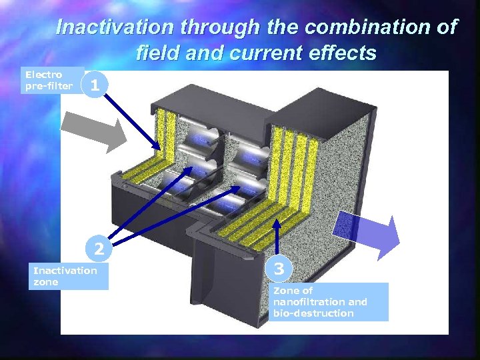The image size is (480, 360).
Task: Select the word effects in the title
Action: pyautogui.click(x=343, y=51)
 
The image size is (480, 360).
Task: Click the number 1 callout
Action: pyautogui.click(x=96, y=85)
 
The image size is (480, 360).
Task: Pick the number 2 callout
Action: pyautogui.click(x=98, y=249)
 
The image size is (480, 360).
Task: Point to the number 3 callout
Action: pyautogui.click(x=279, y=268)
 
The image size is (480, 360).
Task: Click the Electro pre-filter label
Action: pyautogui.click(x=48, y=81)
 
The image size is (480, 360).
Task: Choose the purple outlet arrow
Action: pyautogui.click(x=366, y=233)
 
